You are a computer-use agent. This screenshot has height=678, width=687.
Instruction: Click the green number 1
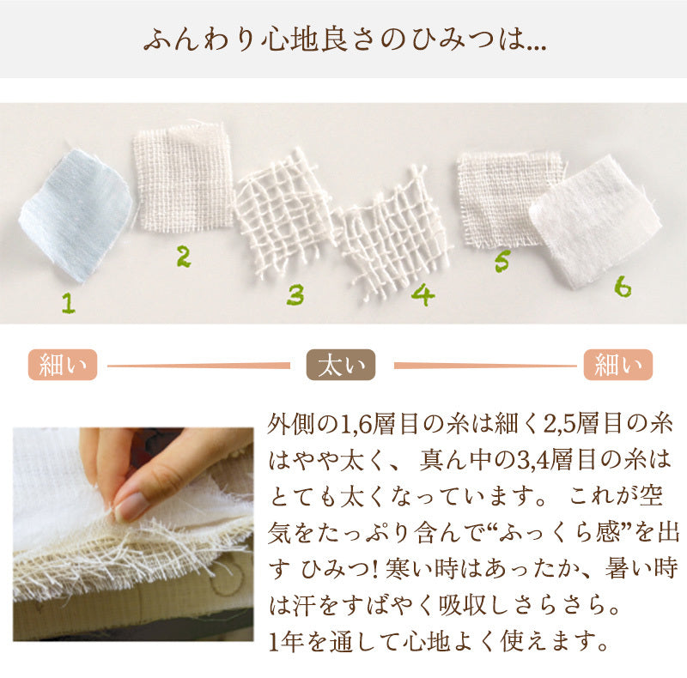[69, 303]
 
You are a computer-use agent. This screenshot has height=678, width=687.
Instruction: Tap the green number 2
[184, 257]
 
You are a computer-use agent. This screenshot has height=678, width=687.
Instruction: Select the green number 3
[295, 294]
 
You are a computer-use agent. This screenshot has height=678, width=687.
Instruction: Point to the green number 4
[423, 294]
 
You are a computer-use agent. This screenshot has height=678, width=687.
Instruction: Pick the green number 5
[502, 261]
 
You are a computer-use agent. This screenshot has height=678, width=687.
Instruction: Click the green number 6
[623, 287]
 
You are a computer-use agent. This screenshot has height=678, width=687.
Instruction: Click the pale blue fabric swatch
[76, 215]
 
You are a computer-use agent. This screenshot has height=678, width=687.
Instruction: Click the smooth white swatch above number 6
[595, 221]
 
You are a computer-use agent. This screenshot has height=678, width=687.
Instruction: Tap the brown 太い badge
[341, 365]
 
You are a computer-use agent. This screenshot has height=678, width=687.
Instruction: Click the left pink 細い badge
[63, 365]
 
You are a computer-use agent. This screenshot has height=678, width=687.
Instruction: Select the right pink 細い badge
[618, 365]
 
